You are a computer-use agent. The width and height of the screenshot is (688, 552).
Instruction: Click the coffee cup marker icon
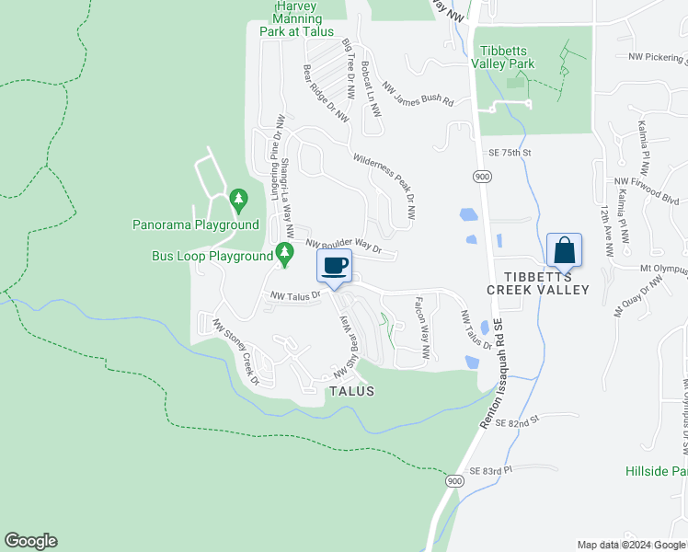334,266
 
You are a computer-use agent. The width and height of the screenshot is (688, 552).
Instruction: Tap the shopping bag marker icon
564,249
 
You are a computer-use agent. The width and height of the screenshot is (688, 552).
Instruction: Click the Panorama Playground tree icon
238,198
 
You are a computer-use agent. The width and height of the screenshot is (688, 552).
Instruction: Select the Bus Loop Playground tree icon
284,250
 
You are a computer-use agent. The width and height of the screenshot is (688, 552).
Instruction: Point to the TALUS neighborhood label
351,391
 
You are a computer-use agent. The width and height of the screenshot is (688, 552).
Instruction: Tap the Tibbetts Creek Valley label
537,283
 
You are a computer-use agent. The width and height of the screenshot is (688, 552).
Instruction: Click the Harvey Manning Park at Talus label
297,18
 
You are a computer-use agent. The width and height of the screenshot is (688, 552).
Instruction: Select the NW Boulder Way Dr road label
343,246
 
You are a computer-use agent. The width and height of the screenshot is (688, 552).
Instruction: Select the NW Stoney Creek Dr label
236,352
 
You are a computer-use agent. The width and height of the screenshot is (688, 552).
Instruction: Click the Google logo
30,541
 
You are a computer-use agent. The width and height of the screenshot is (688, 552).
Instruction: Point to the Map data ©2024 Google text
631,545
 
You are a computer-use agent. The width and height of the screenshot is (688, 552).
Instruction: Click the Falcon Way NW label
422,327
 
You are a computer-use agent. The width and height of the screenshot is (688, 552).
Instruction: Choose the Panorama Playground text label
196,224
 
